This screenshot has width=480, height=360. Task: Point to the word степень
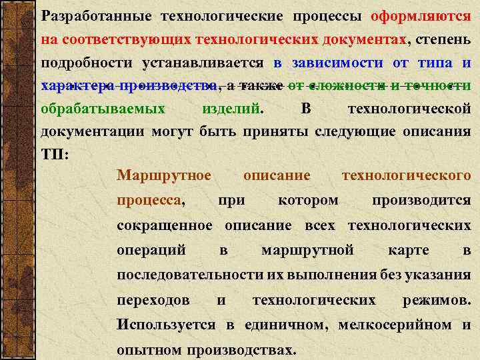pos(444,39)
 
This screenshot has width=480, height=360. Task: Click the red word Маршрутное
pos(163,176)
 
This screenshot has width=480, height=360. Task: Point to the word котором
pos(307,200)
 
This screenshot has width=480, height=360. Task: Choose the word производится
pos(421,200)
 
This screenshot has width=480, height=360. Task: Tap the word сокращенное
pos(165,225)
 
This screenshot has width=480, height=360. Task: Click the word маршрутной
pos(307,251)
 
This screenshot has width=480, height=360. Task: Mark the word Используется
pos(166,325)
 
